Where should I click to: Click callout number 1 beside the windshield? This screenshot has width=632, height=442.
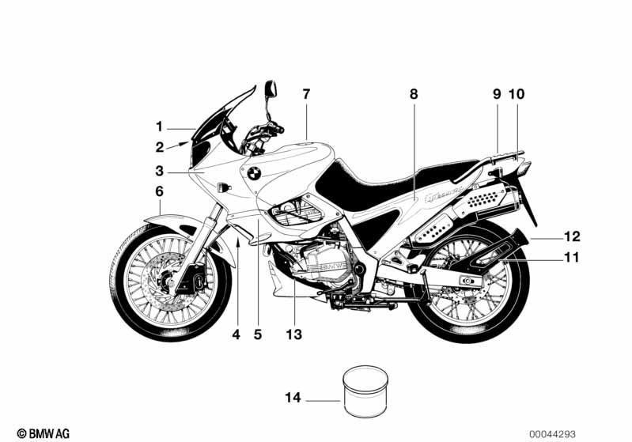pyautogui.click(x=159, y=127)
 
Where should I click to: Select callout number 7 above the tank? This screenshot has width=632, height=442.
pyautogui.click(x=306, y=94)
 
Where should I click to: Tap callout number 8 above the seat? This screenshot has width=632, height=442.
pyautogui.click(x=414, y=94)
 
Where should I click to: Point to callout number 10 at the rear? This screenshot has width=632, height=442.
pyautogui.click(x=517, y=94)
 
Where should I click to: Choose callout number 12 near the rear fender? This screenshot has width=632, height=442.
pyautogui.click(x=572, y=236)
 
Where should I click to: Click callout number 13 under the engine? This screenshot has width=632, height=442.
pyautogui.click(x=293, y=334)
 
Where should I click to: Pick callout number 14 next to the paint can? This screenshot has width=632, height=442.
pyautogui.click(x=293, y=398)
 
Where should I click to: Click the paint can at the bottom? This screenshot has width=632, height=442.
pyautogui.click(x=365, y=391)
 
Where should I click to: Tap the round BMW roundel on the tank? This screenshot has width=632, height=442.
pyautogui.click(x=254, y=174)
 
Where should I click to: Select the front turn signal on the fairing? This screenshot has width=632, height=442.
pyautogui.click(x=223, y=187)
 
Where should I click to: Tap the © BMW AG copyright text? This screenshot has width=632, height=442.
pyautogui.click(x=44, y=433)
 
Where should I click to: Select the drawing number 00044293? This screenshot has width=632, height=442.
pyautogui.click(x=553, y=434)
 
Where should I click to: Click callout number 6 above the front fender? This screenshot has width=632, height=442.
pyautogui.click(x=160, y=191)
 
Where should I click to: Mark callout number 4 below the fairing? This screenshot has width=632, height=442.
pyautogui.click(x=237, y=334)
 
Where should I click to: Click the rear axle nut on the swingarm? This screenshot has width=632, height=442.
pyautogui.click(x=467, y=281)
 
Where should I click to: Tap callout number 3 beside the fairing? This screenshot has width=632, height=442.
pyautogui.click(x=160, y=171)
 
